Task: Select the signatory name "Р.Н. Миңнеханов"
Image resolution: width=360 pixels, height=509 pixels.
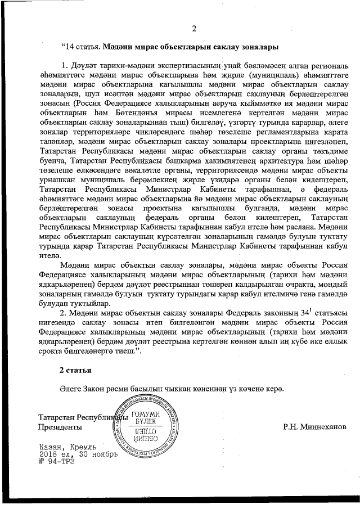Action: pos(315,427)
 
